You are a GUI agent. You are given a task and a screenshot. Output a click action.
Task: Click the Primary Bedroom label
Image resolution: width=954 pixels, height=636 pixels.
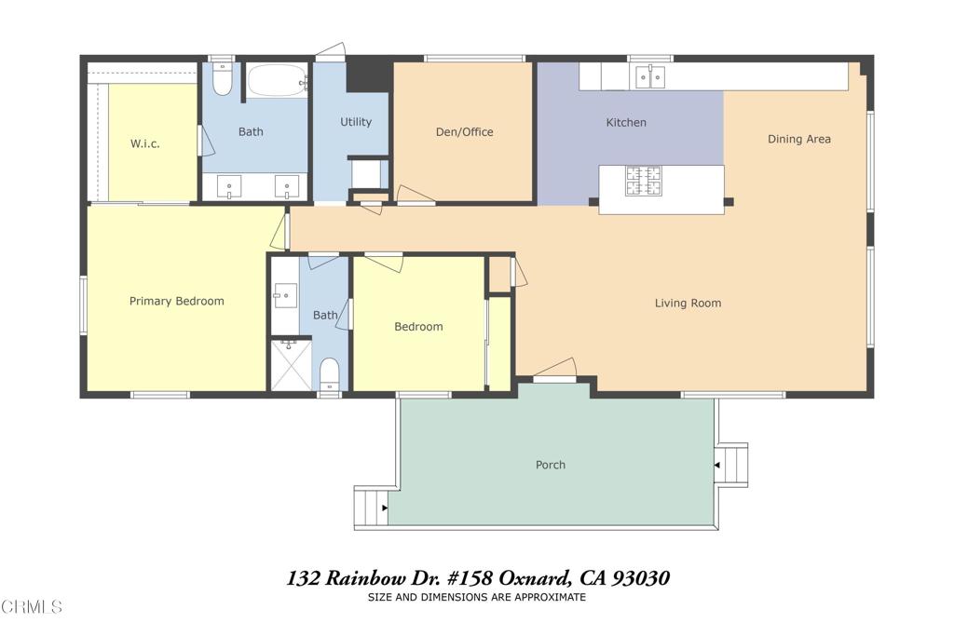176,301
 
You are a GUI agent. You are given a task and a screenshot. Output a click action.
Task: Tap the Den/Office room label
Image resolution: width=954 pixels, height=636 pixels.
464,131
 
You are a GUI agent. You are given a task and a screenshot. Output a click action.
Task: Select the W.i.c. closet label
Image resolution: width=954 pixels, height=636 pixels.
146,143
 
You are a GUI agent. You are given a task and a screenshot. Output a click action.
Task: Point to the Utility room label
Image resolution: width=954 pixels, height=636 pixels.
355,122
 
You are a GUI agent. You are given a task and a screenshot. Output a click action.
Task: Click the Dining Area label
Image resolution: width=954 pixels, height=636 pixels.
798,139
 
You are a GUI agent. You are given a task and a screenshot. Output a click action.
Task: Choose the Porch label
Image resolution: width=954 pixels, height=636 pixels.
550,465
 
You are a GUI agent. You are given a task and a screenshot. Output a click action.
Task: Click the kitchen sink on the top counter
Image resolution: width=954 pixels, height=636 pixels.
650,76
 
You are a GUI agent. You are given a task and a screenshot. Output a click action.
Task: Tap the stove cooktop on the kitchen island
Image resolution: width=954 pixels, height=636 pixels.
643,181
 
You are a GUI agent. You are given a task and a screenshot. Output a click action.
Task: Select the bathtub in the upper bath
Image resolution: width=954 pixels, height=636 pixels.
277,81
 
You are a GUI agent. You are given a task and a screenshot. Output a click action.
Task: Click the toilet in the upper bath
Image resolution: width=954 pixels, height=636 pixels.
222,80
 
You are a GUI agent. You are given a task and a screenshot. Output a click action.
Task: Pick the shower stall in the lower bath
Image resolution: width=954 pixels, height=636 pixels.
291,365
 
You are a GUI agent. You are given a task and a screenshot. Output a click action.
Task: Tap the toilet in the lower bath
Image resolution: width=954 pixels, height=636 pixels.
330,374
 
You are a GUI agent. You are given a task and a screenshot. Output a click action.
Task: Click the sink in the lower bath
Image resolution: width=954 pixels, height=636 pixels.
284,296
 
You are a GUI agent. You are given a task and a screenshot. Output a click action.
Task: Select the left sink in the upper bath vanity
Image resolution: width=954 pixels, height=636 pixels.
229,186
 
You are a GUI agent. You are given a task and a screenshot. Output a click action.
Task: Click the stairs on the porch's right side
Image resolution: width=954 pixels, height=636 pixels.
731,465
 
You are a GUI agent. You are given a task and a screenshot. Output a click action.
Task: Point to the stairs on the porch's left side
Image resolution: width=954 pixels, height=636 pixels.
371,507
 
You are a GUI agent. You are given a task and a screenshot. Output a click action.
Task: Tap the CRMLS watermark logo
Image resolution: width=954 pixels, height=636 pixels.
32,607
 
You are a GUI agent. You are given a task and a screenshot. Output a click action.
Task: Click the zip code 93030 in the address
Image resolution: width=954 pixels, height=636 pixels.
638,578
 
